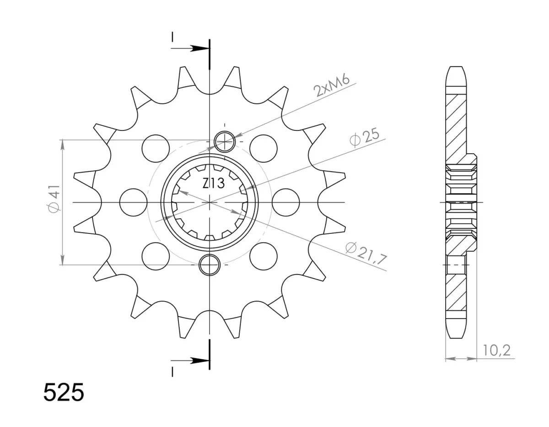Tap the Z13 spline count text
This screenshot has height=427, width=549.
[x=213, y=184]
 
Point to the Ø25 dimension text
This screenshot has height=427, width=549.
[x=364, y=138]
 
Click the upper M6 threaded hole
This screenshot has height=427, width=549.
[x=225, y=142]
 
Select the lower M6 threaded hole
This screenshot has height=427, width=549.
[x=210, y=265]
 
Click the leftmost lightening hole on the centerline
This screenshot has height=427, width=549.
[x=133, y=202]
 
